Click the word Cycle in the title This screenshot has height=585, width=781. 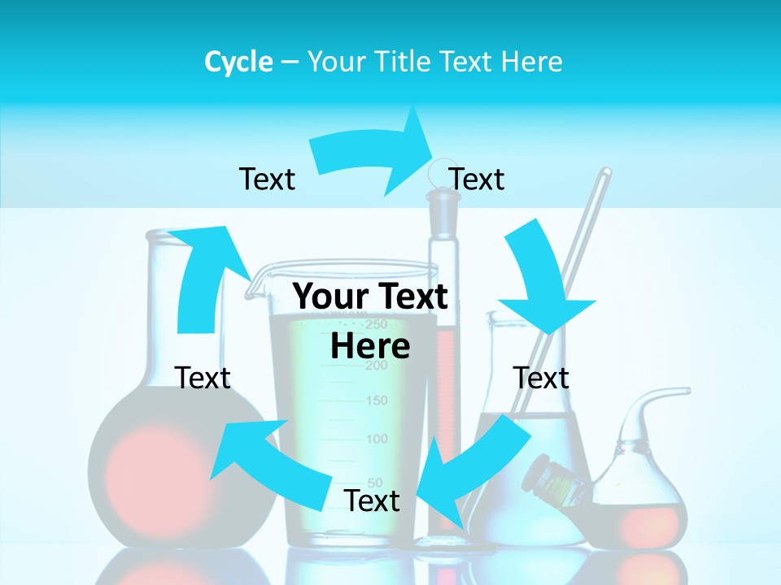[238, 62]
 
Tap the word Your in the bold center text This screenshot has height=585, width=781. [332, 297]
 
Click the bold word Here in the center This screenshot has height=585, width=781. [370, 346]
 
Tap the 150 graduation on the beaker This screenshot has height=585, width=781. [377, 401]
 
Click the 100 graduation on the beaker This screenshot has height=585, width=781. [377, 440]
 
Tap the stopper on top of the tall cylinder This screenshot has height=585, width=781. [440, 203]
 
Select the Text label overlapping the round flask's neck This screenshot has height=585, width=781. [203, 378]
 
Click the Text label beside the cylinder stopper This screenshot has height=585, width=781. [477, 179]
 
